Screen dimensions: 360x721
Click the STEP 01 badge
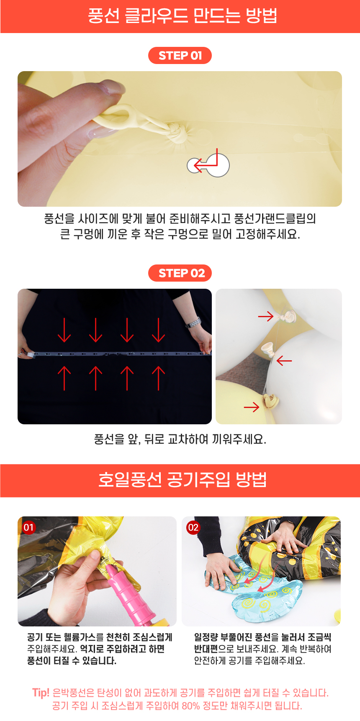coord(180,55)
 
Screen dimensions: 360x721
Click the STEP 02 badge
coord(180,273)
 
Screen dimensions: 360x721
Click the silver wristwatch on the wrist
coord(193,323)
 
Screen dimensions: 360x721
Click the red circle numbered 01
coord(28,527)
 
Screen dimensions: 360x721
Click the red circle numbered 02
coord(193,527)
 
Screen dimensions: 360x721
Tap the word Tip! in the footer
coord(41,693)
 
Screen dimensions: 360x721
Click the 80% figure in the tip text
coord(191,706)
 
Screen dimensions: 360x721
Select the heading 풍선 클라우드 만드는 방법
coord(183,16)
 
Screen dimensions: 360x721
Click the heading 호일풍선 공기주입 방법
coord(183,480)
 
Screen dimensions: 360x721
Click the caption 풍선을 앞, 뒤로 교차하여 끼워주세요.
coord(180,439)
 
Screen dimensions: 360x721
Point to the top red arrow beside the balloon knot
coord(266,316)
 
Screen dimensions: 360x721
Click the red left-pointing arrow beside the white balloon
coord(284,360)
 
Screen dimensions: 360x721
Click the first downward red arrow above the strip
coord(64,330)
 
